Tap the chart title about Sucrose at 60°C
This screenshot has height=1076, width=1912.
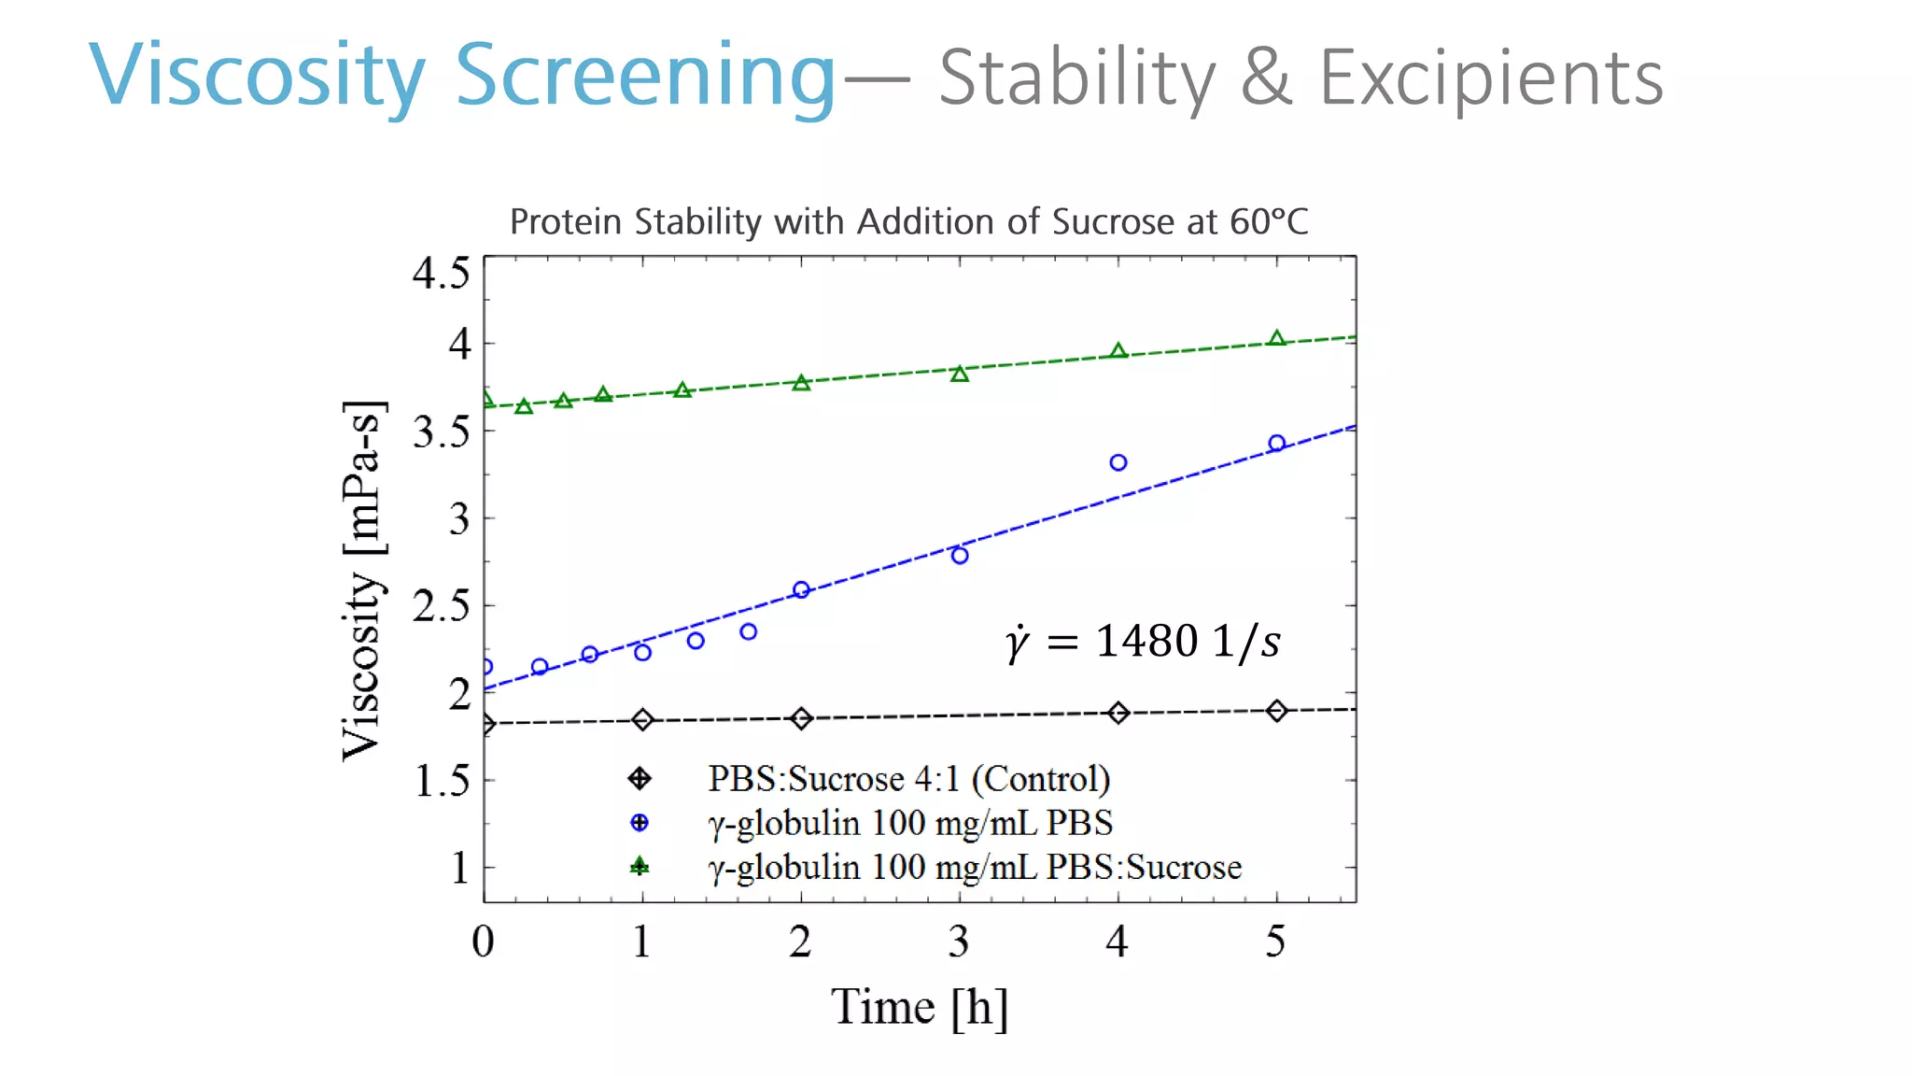coord(908,222)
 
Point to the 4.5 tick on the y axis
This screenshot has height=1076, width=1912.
coord(441,274)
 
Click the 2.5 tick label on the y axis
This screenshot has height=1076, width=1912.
coord(441,606)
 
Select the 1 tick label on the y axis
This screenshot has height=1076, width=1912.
coord(459,868)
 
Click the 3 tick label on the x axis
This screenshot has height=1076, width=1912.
coord(959,941)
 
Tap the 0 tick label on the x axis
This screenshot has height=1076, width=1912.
coord(483,941)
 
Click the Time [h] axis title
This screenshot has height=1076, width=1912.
coord(920,1007)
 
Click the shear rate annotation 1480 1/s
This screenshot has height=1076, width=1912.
coord(1143,642)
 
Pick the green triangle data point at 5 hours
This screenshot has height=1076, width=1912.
coord(1277,338)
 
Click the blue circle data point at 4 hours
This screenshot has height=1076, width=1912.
coord(1118,462)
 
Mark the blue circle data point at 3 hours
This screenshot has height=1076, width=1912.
coord(960,556)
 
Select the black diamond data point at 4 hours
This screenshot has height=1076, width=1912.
coord(1118,713)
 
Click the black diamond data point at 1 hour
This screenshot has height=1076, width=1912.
coord(642,719)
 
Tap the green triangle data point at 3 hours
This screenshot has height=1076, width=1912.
coord(960,374)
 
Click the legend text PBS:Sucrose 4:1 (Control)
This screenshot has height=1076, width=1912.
coord(908,778)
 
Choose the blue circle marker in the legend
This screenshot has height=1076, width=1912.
coord(640,823)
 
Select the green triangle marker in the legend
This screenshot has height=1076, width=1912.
coord(640,867)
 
